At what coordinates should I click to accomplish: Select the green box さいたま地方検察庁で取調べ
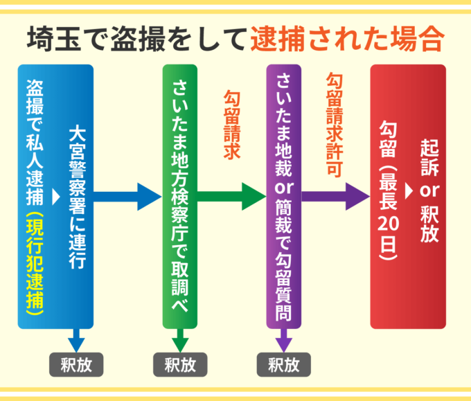point(180,197)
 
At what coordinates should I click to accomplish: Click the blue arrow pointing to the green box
point(128,197)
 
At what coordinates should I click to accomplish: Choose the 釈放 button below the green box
point(179,364)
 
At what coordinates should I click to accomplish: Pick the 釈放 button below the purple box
point(283,364)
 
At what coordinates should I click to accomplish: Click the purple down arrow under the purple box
point(284,341)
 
